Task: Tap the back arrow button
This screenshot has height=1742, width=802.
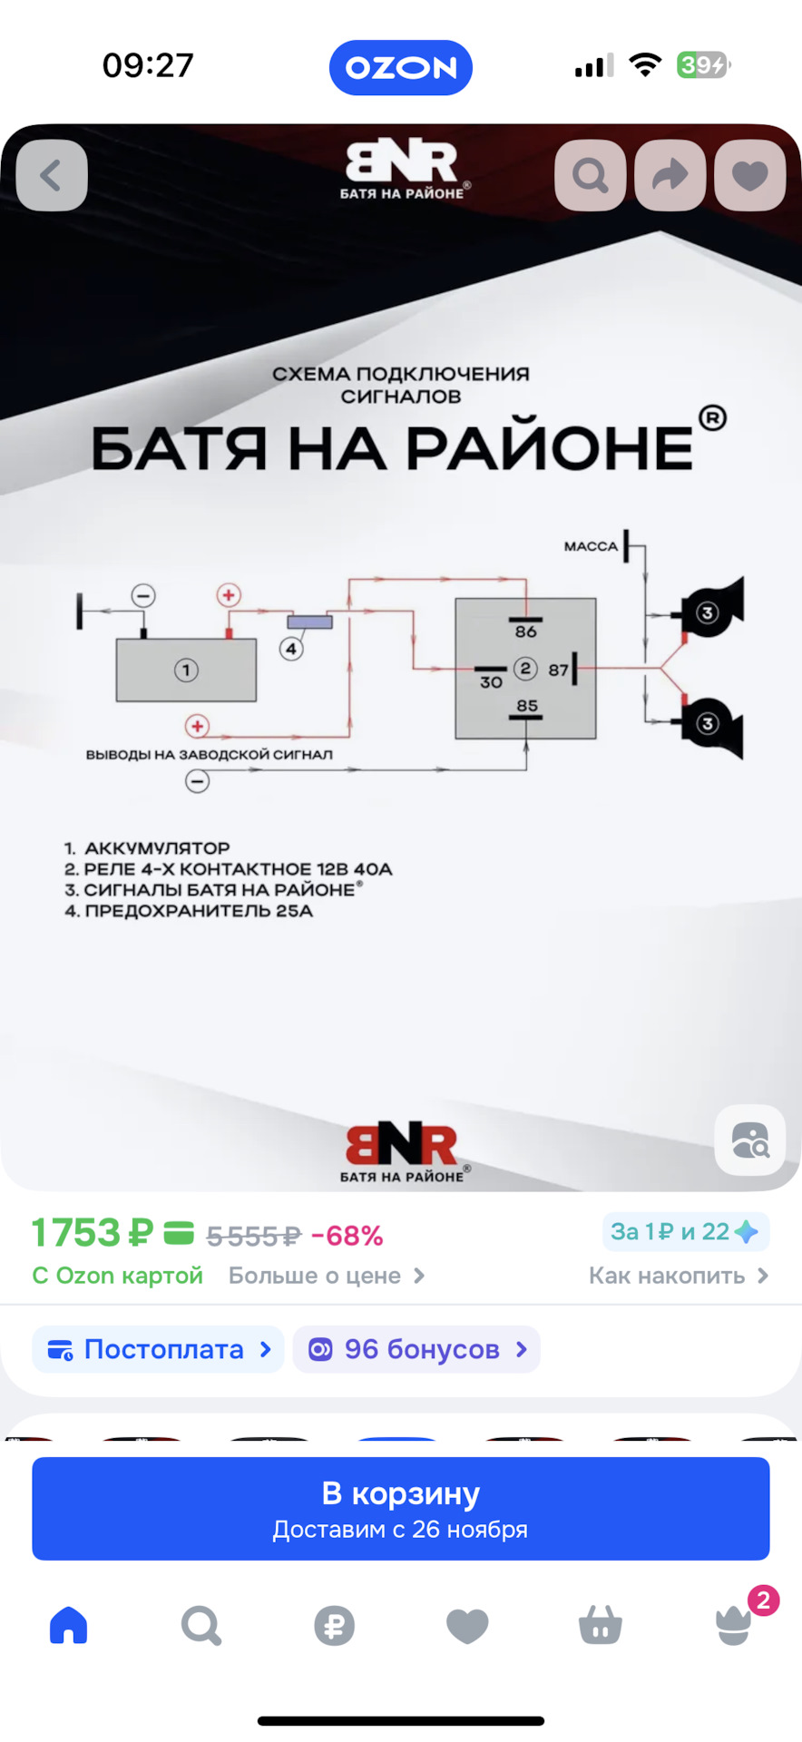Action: (x=52, y=175)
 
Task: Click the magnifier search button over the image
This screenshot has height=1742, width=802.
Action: (x=591, y=175)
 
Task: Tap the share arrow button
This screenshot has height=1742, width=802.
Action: (x=670, y=175)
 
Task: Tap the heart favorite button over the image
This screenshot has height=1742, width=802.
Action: (x=749, y=175)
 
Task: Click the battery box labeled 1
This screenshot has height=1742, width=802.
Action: (x=186, y=670)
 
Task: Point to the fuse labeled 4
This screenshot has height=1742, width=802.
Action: (x=310, y=622)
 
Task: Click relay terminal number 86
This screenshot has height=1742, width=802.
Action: (x=526, y=631)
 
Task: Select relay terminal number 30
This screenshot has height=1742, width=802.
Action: (x=491, y=681)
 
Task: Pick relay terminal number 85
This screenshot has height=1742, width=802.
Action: (x=527, y=706)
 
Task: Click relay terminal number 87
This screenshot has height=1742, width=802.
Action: (x=558, y=670)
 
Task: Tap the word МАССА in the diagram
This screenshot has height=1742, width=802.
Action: (x=591, y=546)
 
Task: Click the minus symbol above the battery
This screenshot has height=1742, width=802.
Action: (x=143, y=595)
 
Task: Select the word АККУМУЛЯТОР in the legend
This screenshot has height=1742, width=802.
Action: (x=157, y=848)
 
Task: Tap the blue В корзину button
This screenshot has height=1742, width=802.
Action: (x=401, y=1508)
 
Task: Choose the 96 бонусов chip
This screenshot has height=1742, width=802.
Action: (x=416, y=1349)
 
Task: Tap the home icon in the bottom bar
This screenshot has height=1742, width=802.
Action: (x=69, y=1625)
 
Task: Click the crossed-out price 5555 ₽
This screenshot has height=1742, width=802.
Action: (x=253, y=1236)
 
